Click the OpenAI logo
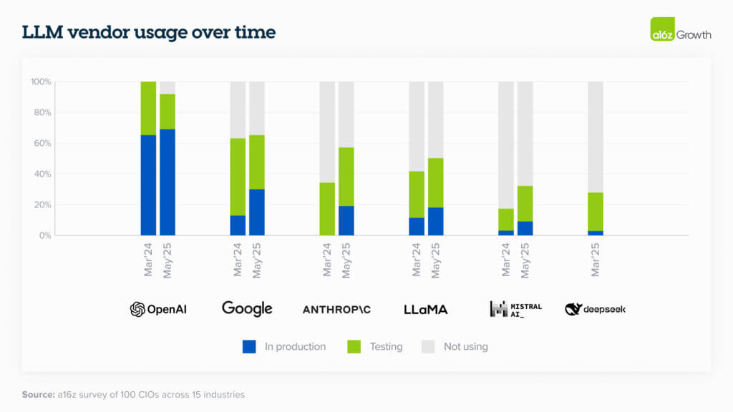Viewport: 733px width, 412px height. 158,309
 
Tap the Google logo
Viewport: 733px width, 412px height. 247,308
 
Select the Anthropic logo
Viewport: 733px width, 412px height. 336,310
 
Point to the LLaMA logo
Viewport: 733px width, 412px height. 425,309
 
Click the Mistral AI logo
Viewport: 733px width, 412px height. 515,309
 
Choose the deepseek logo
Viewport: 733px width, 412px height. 595,309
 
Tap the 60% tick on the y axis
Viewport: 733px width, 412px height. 41,143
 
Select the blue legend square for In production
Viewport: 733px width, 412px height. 249,347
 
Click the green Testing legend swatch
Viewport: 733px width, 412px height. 354,347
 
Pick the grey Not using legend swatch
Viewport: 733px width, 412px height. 427,347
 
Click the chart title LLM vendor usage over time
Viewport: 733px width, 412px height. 148,33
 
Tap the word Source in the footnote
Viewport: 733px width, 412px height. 38,394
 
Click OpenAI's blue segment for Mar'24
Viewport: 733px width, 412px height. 148,185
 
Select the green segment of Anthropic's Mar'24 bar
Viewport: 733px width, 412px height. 327,209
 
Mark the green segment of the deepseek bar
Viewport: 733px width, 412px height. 596,212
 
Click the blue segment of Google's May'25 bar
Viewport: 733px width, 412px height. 257,212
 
